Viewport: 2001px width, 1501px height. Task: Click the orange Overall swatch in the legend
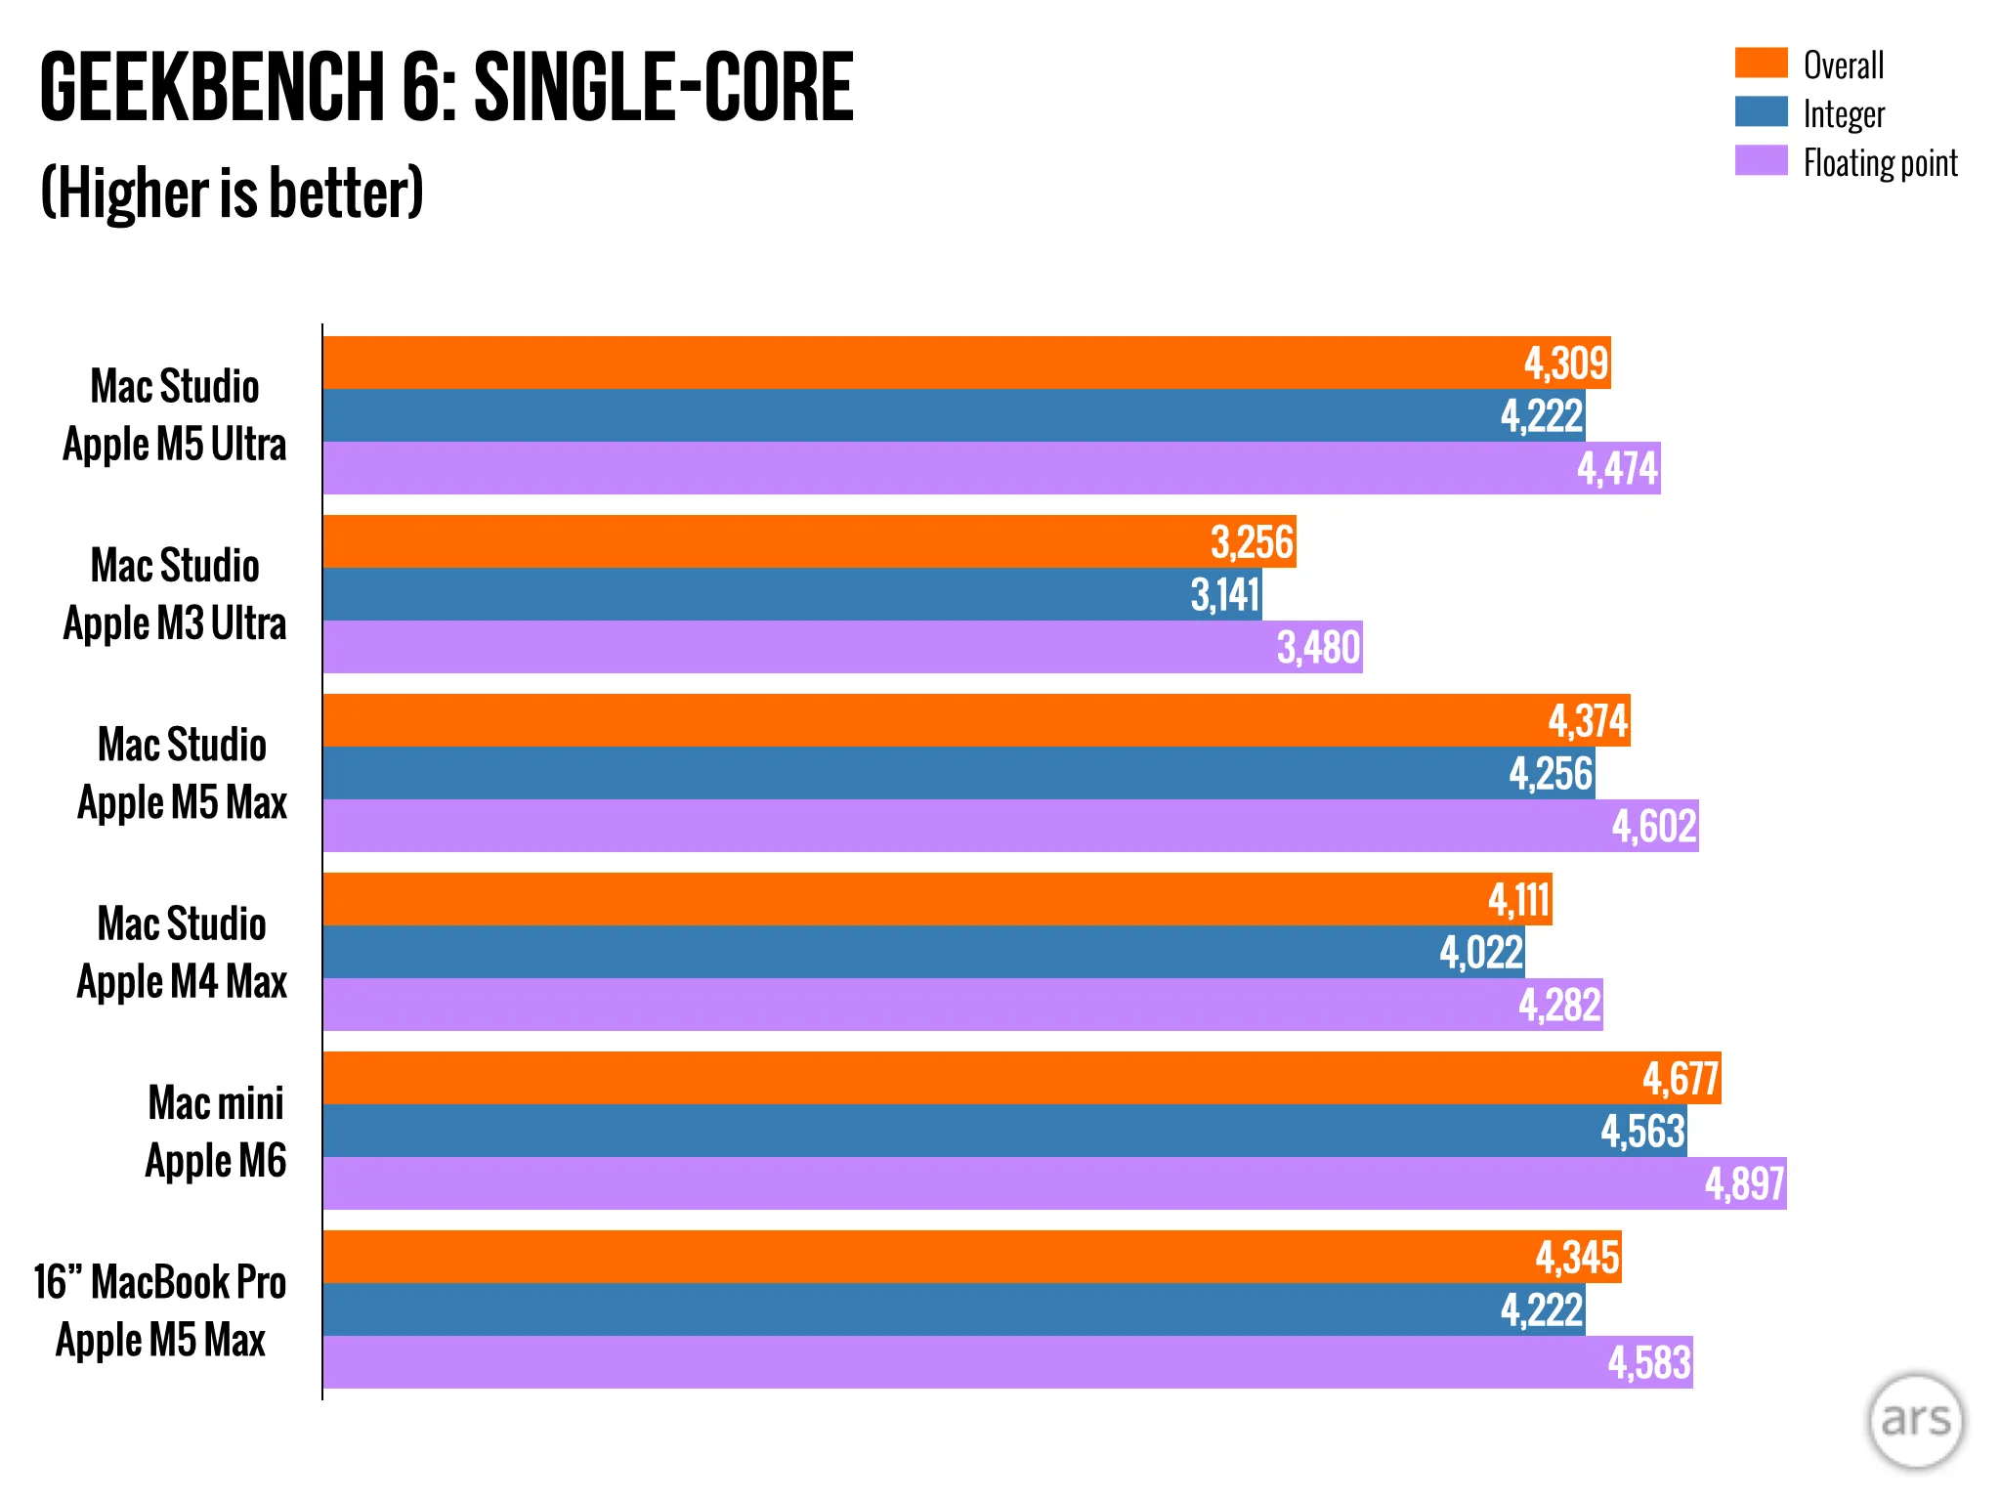point(1761,63)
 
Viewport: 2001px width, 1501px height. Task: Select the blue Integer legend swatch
point(1761,111)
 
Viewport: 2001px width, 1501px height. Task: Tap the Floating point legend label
point(1880,163)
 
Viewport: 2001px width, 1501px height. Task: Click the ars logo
point(1915,1421)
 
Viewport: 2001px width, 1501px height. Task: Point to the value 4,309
point(1565,364)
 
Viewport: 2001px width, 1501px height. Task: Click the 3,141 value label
point(1224,594)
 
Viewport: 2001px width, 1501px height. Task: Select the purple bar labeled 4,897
point(1055,1183)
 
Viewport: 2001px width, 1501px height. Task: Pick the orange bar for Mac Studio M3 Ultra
point(810,541)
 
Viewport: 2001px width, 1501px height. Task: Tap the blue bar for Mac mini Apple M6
point(1005,1131)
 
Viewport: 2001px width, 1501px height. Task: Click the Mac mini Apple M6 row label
point(216,1132)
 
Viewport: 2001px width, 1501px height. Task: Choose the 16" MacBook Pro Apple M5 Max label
point(160,1310)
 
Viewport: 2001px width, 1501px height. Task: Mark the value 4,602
point(1653,827)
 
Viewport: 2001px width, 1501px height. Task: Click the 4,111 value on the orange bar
point(1518,900)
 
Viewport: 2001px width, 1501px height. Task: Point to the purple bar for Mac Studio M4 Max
point(963,1005)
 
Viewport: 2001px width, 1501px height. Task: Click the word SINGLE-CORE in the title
point(663,87)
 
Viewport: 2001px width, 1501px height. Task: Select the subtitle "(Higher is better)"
point(233,193)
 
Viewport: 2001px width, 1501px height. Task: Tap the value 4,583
point(1649,1363)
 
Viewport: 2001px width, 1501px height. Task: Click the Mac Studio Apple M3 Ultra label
point(175,594)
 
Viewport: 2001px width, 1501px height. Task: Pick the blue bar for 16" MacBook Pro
point(955,1309)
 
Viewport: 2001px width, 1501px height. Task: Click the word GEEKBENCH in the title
point(213,87)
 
